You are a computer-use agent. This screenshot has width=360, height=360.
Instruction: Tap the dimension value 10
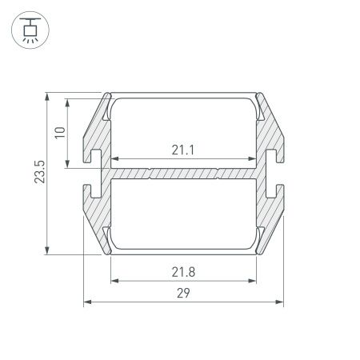click(58, 133)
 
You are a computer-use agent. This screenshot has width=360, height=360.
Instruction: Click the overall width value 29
click(185, 294)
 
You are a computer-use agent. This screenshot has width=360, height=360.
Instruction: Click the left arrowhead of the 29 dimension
click(87, 302)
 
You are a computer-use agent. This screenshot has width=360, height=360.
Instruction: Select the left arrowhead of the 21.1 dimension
click(114, 158)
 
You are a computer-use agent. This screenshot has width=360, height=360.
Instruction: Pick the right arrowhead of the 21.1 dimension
click(255, 158)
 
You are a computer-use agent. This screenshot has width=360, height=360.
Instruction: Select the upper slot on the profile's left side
click(95, 154)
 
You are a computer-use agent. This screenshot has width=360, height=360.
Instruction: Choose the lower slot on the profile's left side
click(95, 190)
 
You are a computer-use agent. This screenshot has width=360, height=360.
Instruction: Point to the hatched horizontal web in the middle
click(185, 172)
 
